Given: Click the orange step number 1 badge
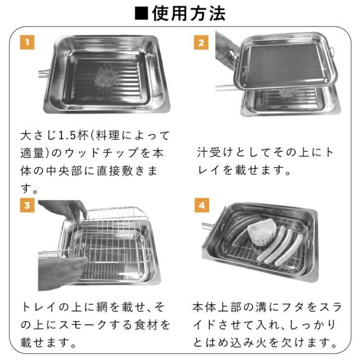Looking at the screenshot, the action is click(27, 42).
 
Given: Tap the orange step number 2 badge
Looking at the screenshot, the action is click(201, 42).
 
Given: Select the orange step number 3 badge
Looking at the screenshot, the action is click(27, 205).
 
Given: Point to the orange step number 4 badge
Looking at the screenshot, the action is click(201, 205).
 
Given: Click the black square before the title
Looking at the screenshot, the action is click(141, 13).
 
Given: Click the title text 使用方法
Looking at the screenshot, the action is click(189, 13).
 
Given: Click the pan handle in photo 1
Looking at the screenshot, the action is click(44, 73).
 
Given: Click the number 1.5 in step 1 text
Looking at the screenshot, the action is click(67, 136).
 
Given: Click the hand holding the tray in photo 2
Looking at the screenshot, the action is click(226, 49).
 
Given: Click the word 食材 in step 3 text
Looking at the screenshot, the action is click(146, 325).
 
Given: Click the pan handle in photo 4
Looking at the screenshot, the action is click(208, 226).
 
